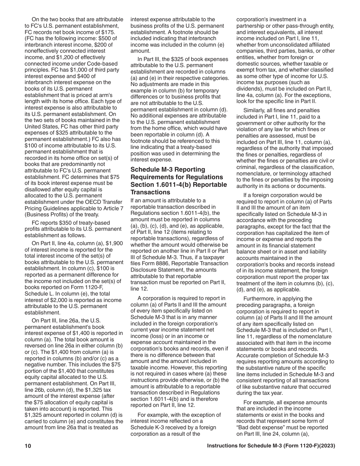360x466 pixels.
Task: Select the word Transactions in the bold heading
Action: coord(149,192)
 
